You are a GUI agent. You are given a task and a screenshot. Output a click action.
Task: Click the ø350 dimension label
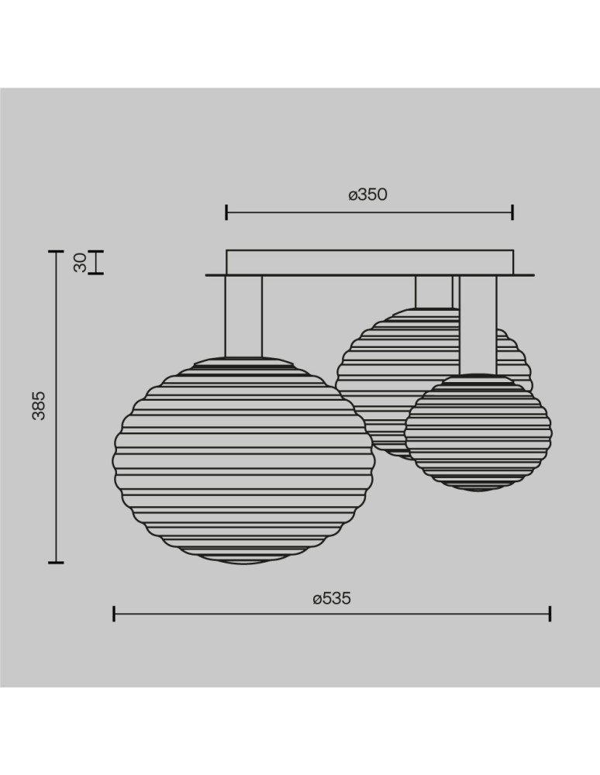tap(367, 195)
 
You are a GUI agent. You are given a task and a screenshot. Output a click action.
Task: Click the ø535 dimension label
tap(332, 598)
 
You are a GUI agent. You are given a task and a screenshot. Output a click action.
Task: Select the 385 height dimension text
tap(39, 405)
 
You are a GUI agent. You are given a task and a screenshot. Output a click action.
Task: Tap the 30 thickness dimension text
tap(79, 263)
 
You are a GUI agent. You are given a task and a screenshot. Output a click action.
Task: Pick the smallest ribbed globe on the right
tap(478, 432)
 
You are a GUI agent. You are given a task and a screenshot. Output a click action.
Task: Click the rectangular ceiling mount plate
tap(369, 261)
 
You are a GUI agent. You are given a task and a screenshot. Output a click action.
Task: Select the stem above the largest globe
tap(243, 315)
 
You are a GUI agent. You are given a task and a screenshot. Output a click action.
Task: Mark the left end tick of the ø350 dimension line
tap(226, 212)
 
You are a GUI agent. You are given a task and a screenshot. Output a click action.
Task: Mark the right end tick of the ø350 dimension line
tap(513, 212)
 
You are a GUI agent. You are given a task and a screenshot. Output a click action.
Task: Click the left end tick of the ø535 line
tap(114, 614)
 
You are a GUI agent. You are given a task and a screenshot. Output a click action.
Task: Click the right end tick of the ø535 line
tap(550, 614)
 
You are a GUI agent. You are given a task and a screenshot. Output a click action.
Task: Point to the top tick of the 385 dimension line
tap(55, 251)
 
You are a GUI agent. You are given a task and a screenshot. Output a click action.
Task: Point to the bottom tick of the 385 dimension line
tap(55, 562)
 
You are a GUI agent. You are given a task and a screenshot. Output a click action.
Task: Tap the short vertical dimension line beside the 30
tap(95, 262)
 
